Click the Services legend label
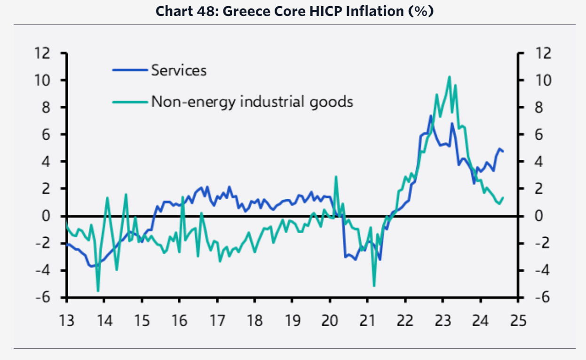click(x=179, y=70)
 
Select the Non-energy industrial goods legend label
click(x=252, y=101)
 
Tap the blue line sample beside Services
click(x=130, y=70)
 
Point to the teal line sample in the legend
click(x=130, y=101)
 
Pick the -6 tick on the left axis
click(x=43, y=298)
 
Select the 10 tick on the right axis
click(x=539, y=81)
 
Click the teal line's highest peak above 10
click(x=449, y=77)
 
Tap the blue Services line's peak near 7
click(x=430, y=116)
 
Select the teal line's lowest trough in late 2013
click(x=98, y=291)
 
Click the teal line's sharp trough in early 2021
click(x=374, y=286)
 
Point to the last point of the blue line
click(x=503, y=151)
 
